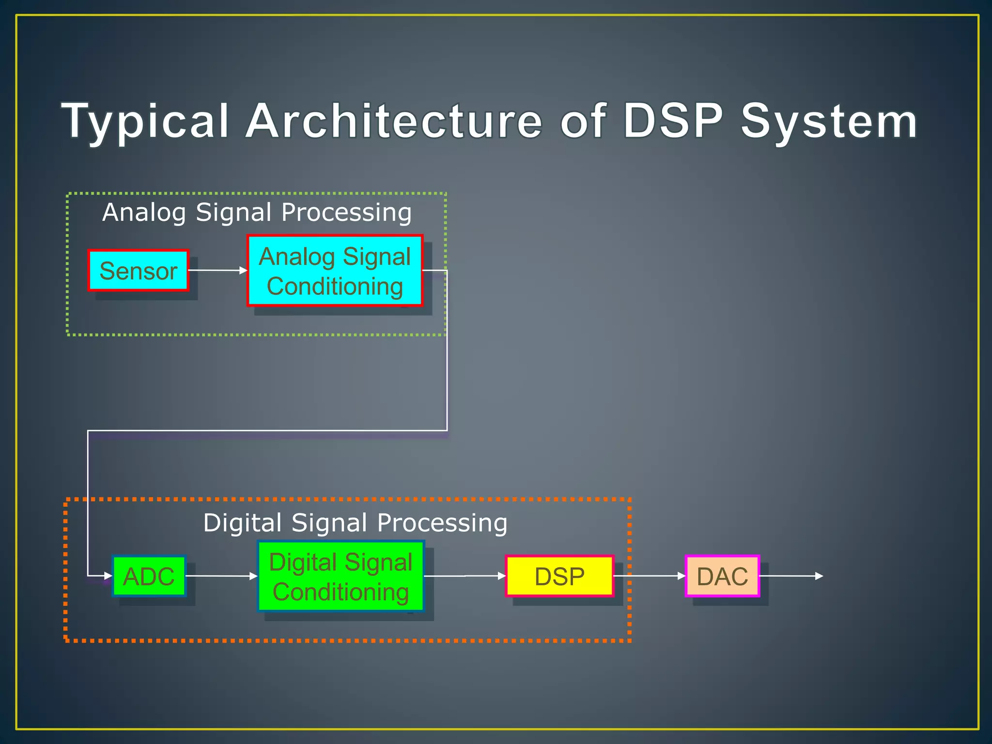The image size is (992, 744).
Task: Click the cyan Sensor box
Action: point(138,270)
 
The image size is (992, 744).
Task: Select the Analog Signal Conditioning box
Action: point(335,271)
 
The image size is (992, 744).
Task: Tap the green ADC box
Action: point(149,576)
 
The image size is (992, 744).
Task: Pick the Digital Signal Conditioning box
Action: point(341,576)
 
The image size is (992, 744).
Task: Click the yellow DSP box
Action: point(559,576)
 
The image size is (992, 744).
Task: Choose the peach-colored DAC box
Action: point(722,576)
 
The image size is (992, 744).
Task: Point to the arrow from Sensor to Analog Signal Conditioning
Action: point(217,270)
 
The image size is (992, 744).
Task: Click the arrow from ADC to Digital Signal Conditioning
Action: point(221,576)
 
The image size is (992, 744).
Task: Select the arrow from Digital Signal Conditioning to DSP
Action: point(465,576)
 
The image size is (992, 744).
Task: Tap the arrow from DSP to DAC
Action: point(650,576)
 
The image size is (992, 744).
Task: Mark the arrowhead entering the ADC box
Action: point(108,576)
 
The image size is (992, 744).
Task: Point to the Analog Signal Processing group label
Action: point(257,212)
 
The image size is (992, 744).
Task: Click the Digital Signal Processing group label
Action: point(355,523)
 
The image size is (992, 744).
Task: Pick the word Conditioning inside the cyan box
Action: point(335,286)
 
